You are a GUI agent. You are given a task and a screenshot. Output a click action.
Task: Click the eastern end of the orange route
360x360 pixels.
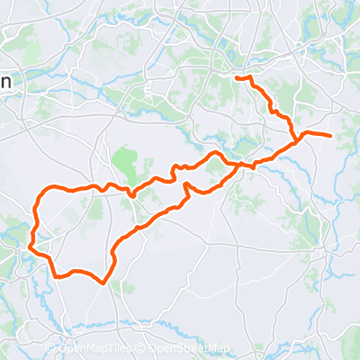coord(331,136)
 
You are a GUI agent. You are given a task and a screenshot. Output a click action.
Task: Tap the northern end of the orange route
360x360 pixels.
coord(238,78)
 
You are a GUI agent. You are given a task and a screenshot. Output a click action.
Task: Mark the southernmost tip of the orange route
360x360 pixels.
coord(104,283)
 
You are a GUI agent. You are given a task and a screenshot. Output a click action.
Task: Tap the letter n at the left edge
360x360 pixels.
coord(5,82)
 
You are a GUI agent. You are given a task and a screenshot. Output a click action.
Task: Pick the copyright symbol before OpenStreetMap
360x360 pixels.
coord(142,349)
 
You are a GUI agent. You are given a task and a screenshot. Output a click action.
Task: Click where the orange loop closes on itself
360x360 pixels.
coord(237,166)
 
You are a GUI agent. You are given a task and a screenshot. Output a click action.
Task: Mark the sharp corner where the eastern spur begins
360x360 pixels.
coord(298,139)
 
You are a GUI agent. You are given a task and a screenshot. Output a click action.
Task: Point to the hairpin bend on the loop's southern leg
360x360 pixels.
coord(187,186)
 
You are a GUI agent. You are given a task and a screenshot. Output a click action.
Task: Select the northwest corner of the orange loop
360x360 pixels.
coord(41,193)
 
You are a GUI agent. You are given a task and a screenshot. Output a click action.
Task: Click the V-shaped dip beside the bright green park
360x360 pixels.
coord(131,194)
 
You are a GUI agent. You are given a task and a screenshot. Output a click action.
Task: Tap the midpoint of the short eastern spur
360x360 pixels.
coord(315,134)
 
